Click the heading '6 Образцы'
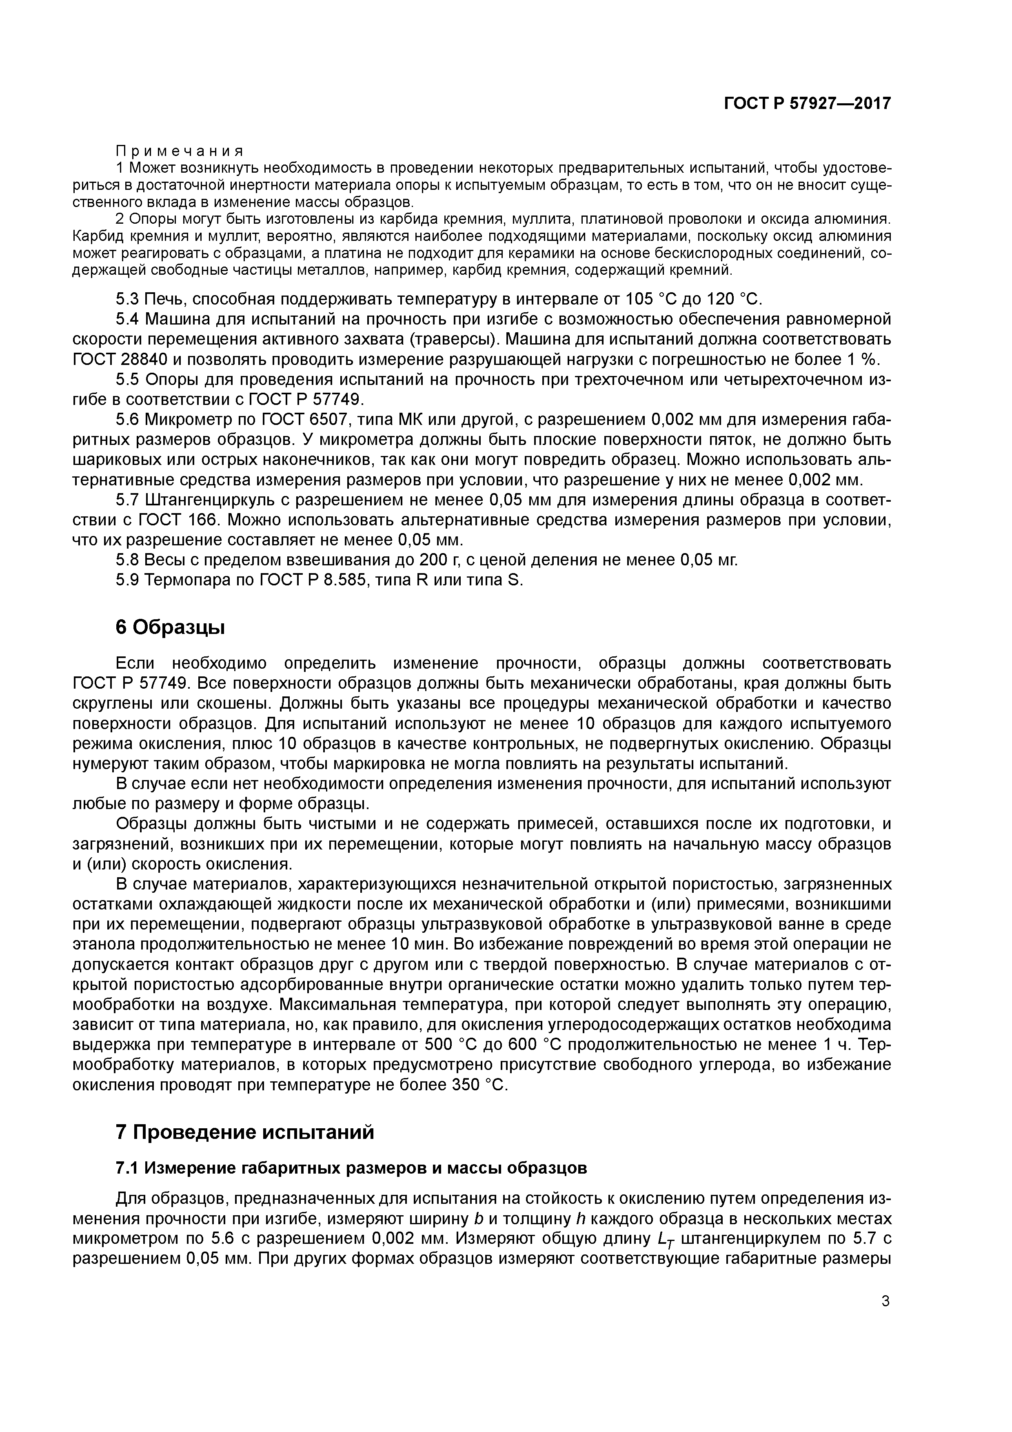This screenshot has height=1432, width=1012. [170, 627]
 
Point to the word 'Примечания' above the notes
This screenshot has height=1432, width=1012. [180, 151]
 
